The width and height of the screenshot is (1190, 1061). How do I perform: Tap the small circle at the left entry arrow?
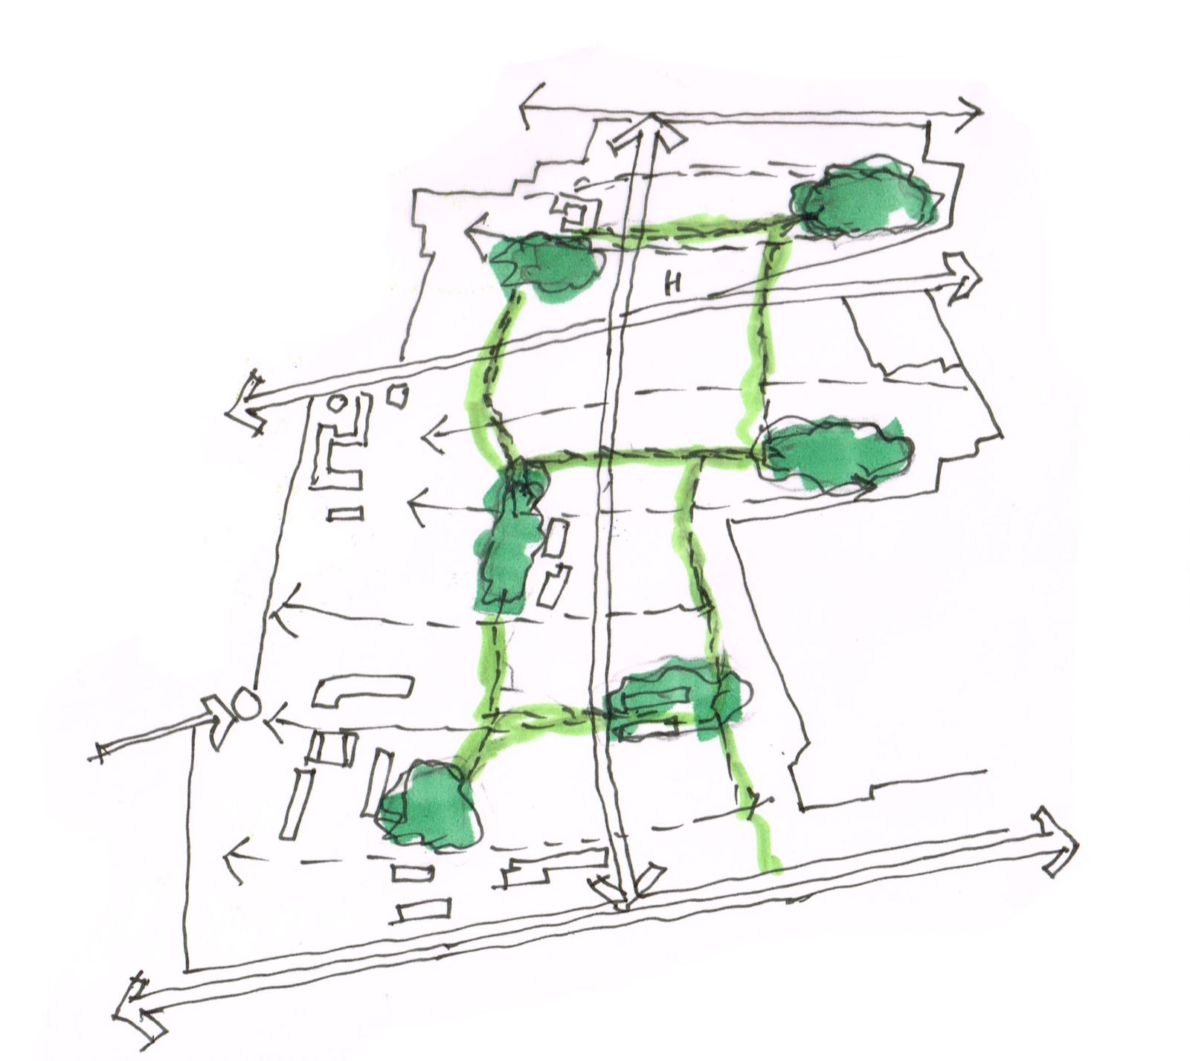click(245, 705)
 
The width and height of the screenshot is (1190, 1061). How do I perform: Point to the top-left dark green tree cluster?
click(545, 261)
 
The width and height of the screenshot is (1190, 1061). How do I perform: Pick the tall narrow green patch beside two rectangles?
click(510, 539)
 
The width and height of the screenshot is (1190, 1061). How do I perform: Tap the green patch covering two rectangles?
click(673, 703)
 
